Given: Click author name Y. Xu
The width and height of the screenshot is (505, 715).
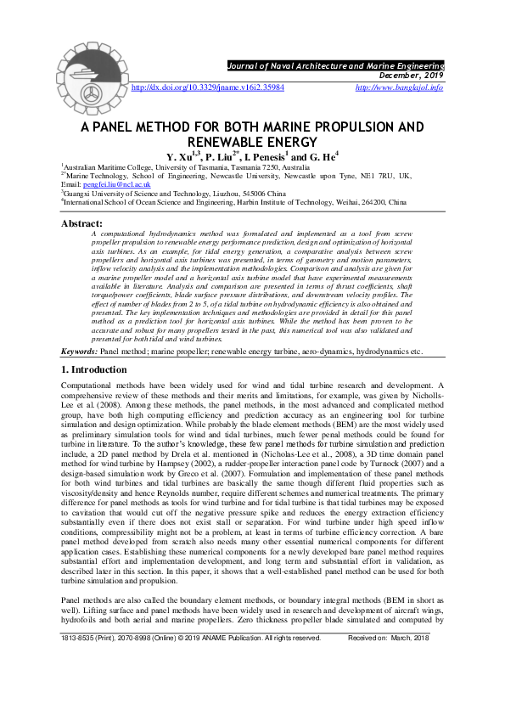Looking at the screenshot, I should click(x=181, y=157).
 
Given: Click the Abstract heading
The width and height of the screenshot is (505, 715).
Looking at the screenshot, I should click(x=82, y=222).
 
